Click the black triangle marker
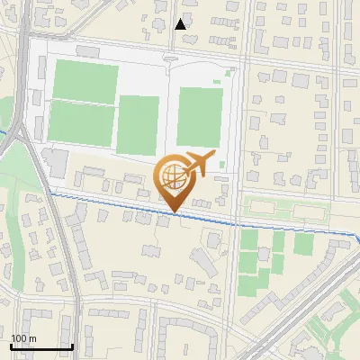pyautogui.click(x=181, y=23)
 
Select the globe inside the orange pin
pyautogui.click(x=172, y=175)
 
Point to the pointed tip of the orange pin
pyautogui.click(x=172, y=212)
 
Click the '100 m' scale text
pyautogui.click(x=23, y=338)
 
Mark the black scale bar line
pyautogui.click(x=41, y=346)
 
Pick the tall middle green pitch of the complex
pyautogui.click(x=139, y=125)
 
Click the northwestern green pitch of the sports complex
pyautogui.click(x=85, y=81)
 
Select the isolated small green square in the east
pyautogui.click(x=303, y=244)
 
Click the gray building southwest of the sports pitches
pyautogui.click(x=54, y=163)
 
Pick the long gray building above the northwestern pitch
pyautogui.click(x=87, y=52)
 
